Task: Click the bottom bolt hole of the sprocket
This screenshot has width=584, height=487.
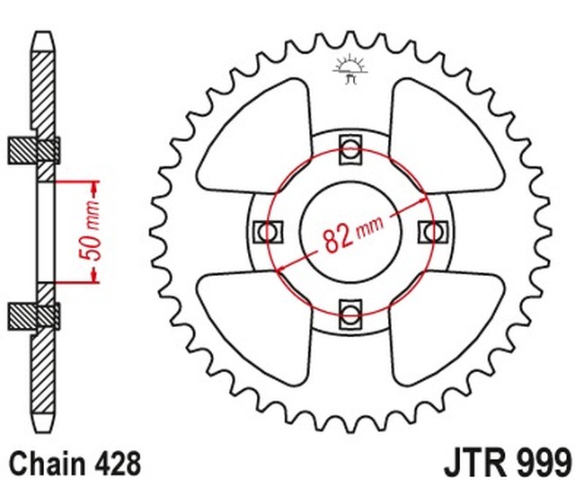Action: coord(349,314)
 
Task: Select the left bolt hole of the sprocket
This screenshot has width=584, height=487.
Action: coord(266,231)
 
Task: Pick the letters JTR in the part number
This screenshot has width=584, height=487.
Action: coord(474,465)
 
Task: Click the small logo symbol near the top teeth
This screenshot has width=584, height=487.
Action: coord(349,69)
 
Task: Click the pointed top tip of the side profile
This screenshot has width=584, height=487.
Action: coord(41,36)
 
